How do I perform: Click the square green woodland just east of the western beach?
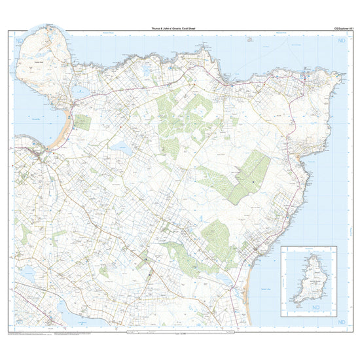(82, 122)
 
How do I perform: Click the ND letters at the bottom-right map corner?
(340, 323)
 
